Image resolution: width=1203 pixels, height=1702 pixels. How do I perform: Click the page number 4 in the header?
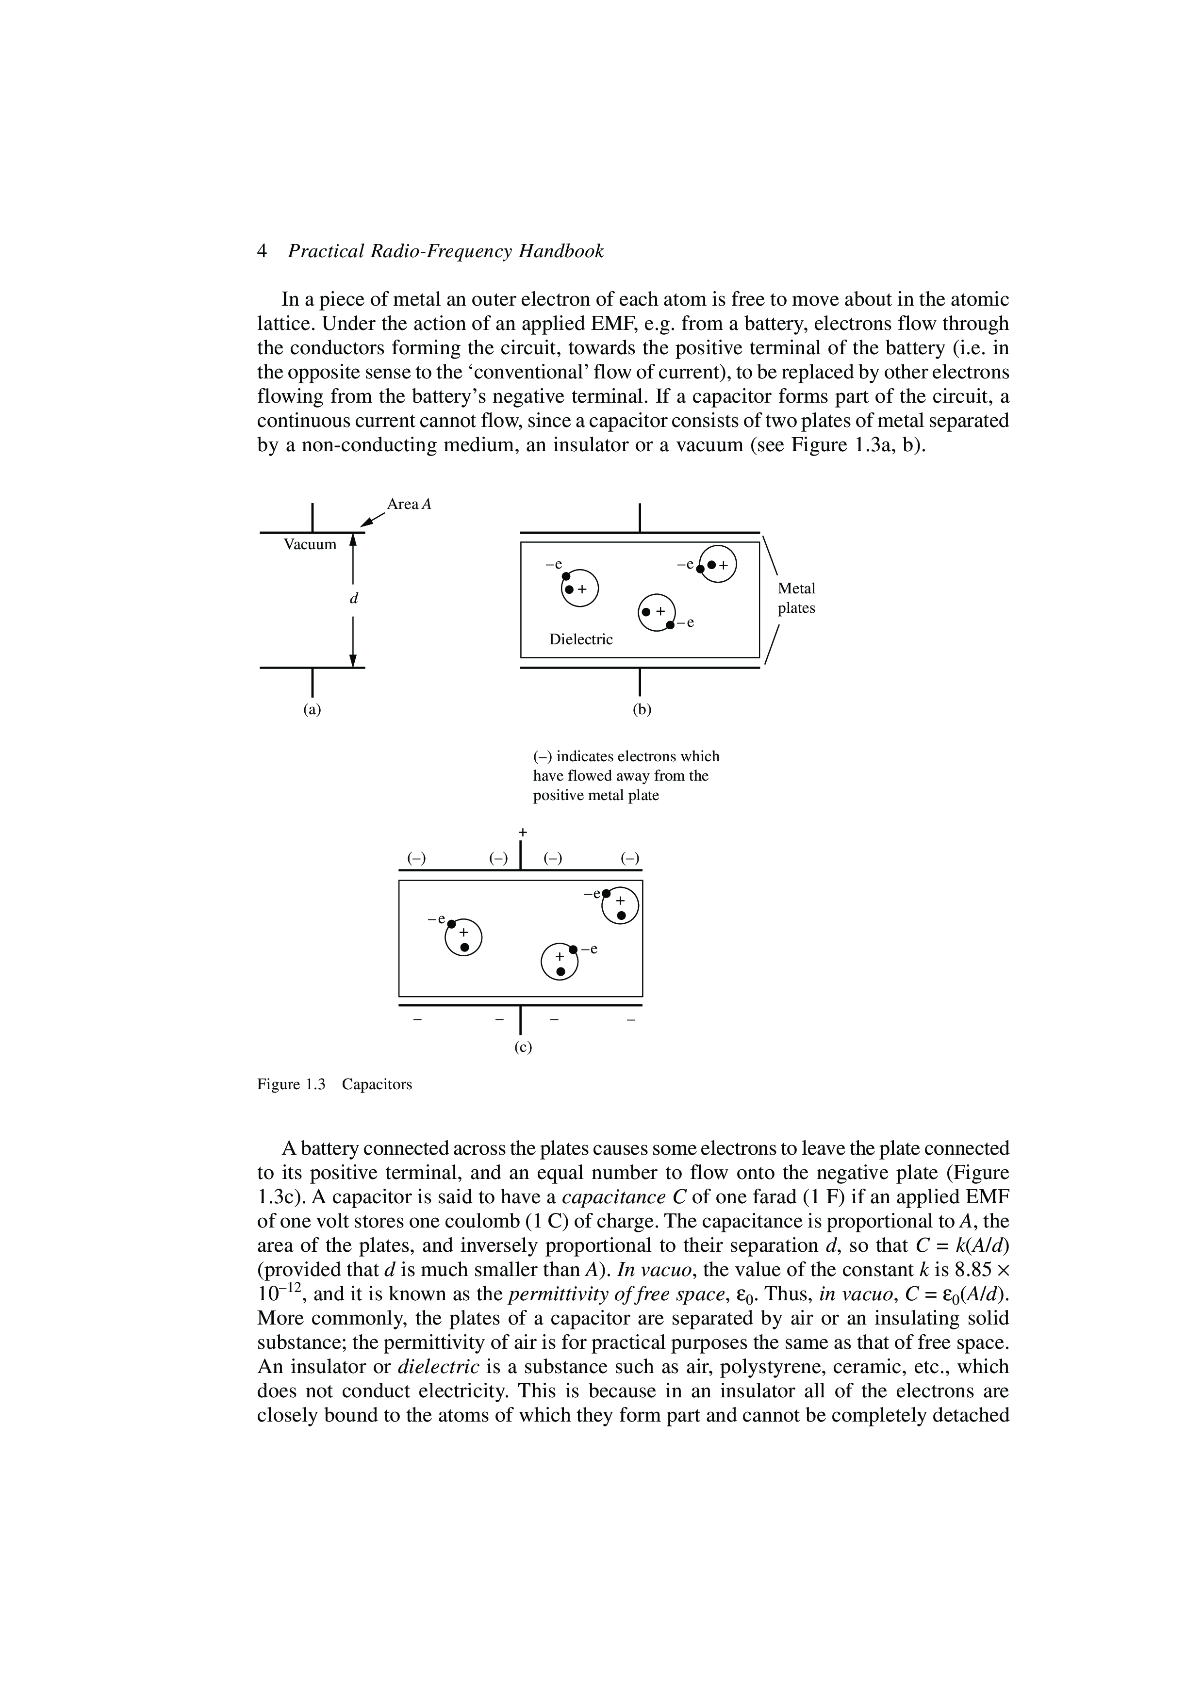262,252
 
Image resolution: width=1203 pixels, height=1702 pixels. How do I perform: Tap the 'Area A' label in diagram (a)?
409,505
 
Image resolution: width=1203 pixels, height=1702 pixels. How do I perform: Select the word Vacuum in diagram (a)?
310,545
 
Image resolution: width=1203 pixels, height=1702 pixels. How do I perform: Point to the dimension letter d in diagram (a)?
354,597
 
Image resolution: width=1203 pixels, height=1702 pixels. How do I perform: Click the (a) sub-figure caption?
312,709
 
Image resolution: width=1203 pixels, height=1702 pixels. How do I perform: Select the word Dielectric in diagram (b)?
580,639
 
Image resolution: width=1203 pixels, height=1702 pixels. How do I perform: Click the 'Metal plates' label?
796,598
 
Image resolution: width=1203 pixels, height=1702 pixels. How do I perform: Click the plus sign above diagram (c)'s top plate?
523,832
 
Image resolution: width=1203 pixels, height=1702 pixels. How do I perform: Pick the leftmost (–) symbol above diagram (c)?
416,858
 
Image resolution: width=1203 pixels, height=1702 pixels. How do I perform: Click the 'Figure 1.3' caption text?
291,1084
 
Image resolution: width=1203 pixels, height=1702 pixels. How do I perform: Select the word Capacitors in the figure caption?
377,1084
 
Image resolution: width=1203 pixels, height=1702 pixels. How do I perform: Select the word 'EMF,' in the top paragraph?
634,324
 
